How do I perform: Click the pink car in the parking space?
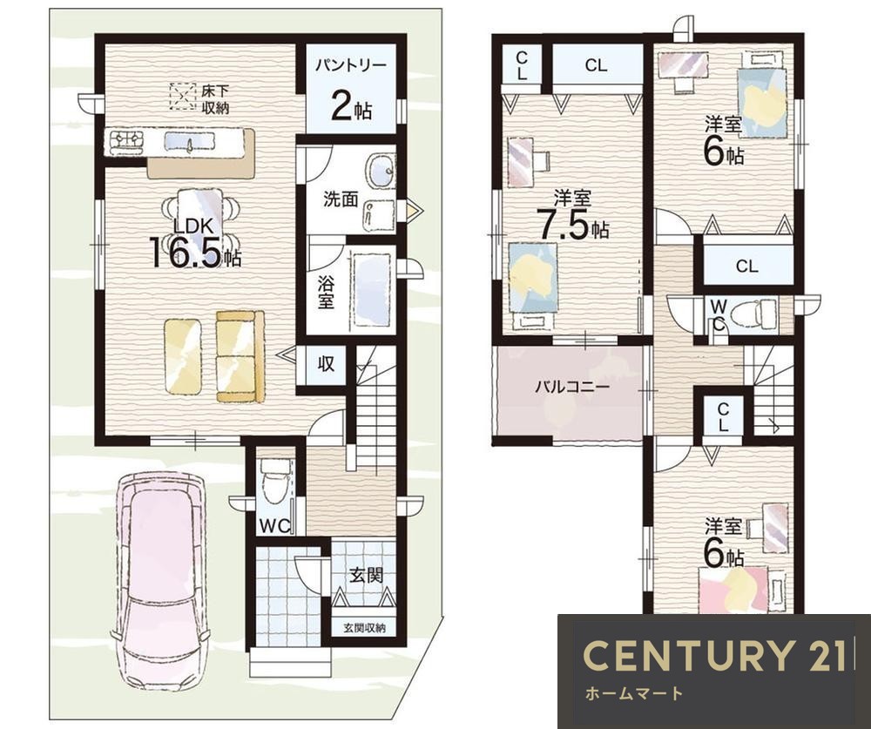point(161,581)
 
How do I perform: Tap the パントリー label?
point(350,65)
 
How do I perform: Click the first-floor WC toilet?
point(273,481)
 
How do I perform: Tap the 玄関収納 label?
point(364,629)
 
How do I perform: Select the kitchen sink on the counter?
point(190,144)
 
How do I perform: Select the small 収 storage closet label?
point(326,364)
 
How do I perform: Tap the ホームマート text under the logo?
point(633,693)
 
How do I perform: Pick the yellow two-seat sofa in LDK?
point(240,356)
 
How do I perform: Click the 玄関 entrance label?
point(366,575)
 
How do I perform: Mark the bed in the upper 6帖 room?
point(762,103)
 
